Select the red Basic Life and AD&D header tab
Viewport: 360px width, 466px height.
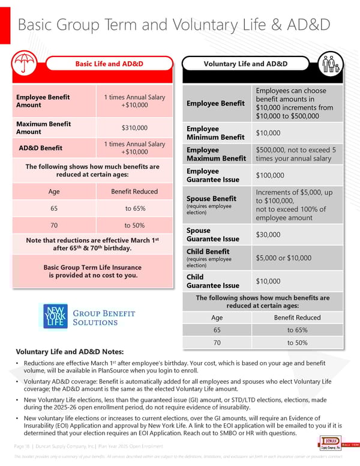click(106, 64)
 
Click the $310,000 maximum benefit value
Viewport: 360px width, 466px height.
click(134, 128)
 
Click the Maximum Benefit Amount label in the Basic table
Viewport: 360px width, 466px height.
click(43, 128)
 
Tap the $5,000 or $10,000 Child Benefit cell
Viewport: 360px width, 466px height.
click(283, 258)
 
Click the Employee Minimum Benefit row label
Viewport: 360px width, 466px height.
click(215, 133)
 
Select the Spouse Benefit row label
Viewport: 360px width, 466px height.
click(211, 199)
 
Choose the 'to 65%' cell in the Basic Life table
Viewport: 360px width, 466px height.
click(134, 208)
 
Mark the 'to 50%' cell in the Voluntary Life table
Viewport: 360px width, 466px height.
click(297, 342)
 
